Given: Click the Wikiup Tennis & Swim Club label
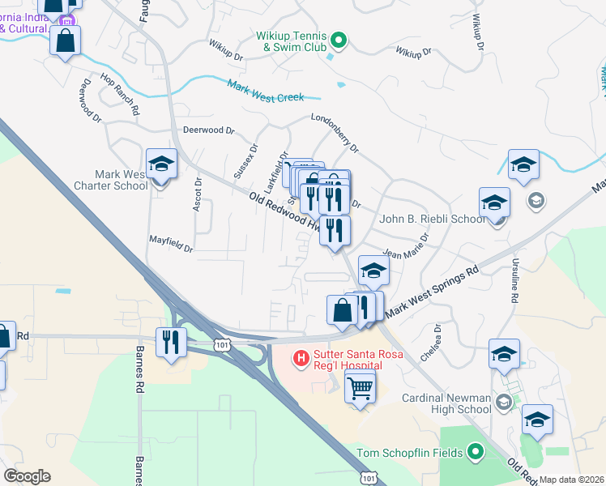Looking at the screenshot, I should (291, 41).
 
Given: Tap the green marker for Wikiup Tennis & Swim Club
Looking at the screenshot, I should (339, 37).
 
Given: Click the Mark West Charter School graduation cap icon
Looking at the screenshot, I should (161, 164).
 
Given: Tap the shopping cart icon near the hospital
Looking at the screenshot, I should (360, 388).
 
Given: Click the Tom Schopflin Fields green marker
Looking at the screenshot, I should (476, 452).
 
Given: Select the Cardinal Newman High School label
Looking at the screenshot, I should (446, 403).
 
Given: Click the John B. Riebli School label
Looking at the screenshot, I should (433, 219).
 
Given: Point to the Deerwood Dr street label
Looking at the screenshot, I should (208, 130).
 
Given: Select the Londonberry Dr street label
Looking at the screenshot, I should (335, 134).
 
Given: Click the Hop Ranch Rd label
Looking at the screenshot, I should (120, 93).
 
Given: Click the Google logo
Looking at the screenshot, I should (27, 475).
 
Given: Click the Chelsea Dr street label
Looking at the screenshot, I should (429, 343).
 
